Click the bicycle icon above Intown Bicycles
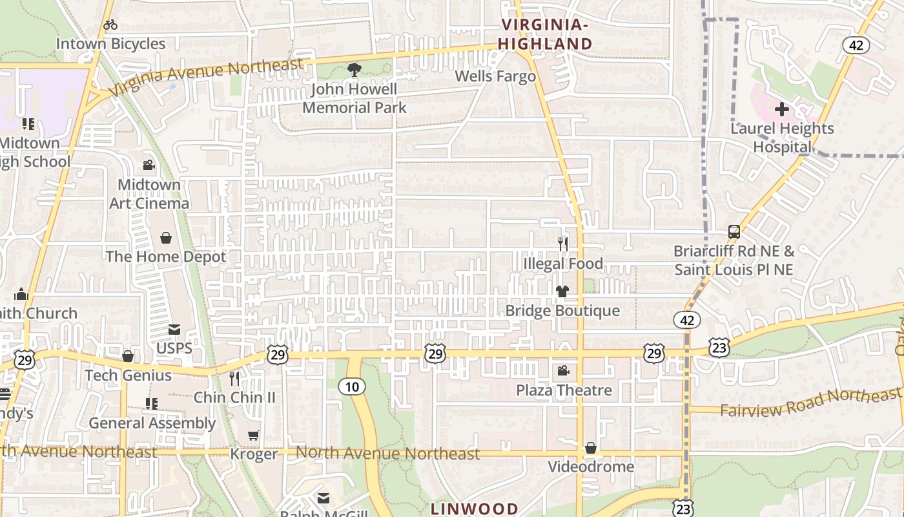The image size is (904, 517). [x=110, y=25]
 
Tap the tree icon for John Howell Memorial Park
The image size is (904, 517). [x=354, y=69]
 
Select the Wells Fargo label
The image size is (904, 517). [x=495, y=76]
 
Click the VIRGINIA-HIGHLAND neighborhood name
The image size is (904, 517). [x=546, y=34]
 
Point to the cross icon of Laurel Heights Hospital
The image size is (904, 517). [x=782, y=109]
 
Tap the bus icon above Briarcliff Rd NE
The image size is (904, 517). [x=734, y=232]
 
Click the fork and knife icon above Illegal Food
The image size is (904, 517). [x=563, y=244]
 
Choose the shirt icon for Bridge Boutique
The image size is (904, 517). [x=562, y=291]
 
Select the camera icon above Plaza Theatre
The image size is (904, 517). [x=564, y=371]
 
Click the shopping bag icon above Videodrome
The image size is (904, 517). [x=590, y=448]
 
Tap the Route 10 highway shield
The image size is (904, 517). [x=352, y=386]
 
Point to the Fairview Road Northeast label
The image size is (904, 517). [x=810, y=402]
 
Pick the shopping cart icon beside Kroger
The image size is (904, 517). [x=254, y=436]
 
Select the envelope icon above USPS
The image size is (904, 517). [x=174, y=330]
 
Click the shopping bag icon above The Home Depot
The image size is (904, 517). [x=166, y=238]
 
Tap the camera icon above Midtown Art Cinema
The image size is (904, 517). [x=149, y=165]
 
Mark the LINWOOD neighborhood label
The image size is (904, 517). [x=474, y=509]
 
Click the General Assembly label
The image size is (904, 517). [x=152, y=423]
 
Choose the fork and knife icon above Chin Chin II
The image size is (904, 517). [x=234, y=378]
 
